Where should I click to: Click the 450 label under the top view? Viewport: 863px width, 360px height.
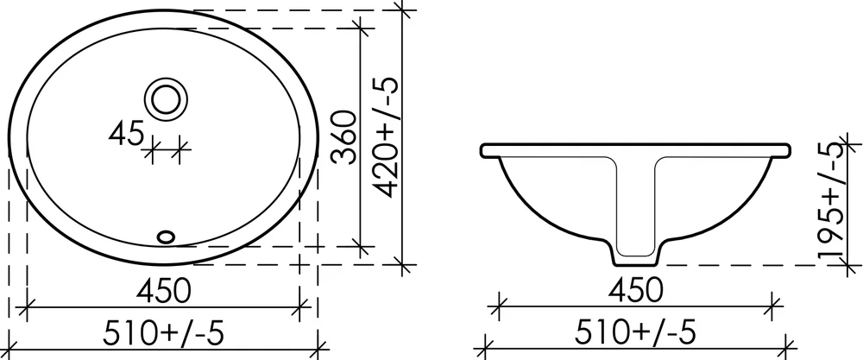[163, 290]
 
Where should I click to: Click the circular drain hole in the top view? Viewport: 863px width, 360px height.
[165, 98]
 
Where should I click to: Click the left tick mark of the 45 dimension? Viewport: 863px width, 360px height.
[152, 151]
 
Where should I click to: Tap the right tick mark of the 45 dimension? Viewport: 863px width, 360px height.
[180, 151]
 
